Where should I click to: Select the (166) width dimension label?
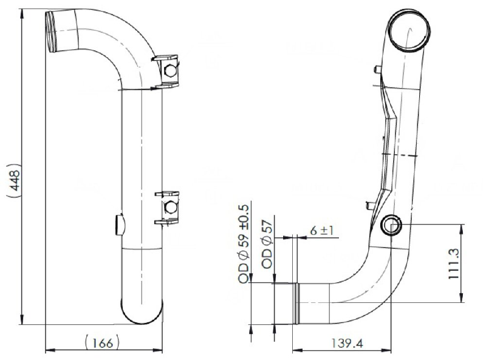pos(101,342)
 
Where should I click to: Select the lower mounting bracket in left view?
pos(168,208)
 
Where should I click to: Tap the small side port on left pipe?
pos(119,225)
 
